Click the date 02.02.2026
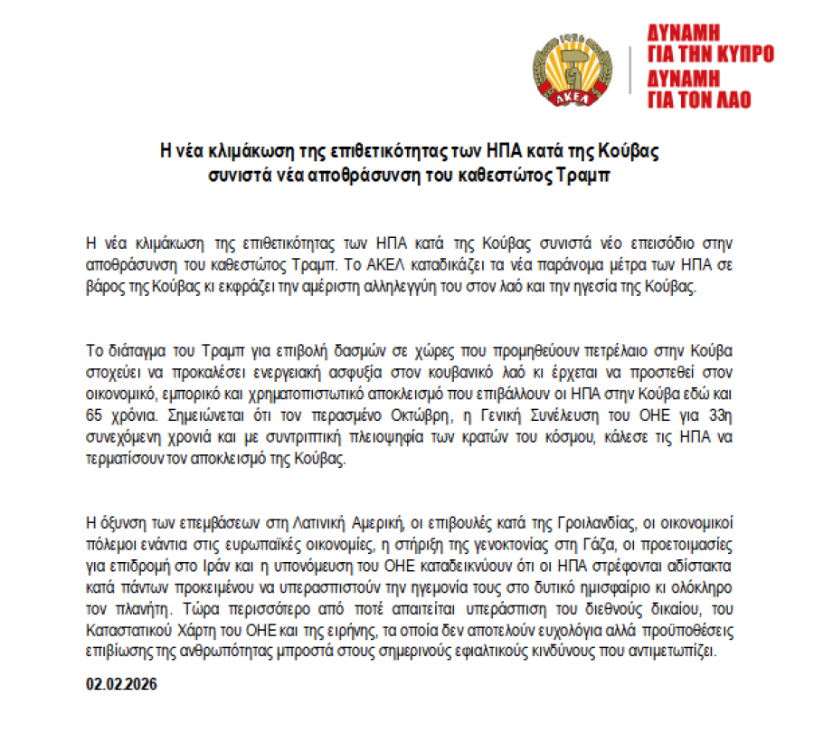point(122,684)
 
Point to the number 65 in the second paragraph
point(94,420)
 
